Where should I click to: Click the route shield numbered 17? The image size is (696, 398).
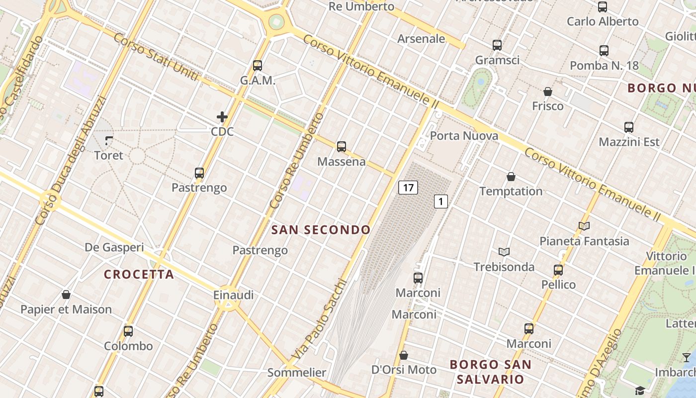(408, 188)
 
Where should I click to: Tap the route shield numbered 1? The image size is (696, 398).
(440, 201)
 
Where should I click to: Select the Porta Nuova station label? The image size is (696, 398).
(464, 136)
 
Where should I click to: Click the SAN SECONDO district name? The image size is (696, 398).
(321, 230)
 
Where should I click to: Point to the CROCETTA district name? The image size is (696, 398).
(139, 274)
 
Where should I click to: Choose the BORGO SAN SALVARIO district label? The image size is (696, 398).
(490, 372)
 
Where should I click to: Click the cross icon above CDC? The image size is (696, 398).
(222, 117)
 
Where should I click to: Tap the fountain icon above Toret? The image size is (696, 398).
(109, 141)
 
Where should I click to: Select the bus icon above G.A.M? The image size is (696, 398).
(258, 66)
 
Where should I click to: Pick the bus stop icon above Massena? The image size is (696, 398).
(341, 147)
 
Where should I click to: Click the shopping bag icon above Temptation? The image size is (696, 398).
(511, 177)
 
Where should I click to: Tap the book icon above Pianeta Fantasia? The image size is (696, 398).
(584, 226)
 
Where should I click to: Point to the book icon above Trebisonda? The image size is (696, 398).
(504, 252)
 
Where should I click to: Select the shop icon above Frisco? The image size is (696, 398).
(547, 92)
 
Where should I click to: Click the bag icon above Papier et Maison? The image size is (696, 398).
(66, 295)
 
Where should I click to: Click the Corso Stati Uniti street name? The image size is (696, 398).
(156, 57)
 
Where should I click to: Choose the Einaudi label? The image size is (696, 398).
(233, 295)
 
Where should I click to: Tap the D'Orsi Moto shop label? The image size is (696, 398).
(404, 370)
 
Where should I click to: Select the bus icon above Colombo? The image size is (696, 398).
(128, 331)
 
